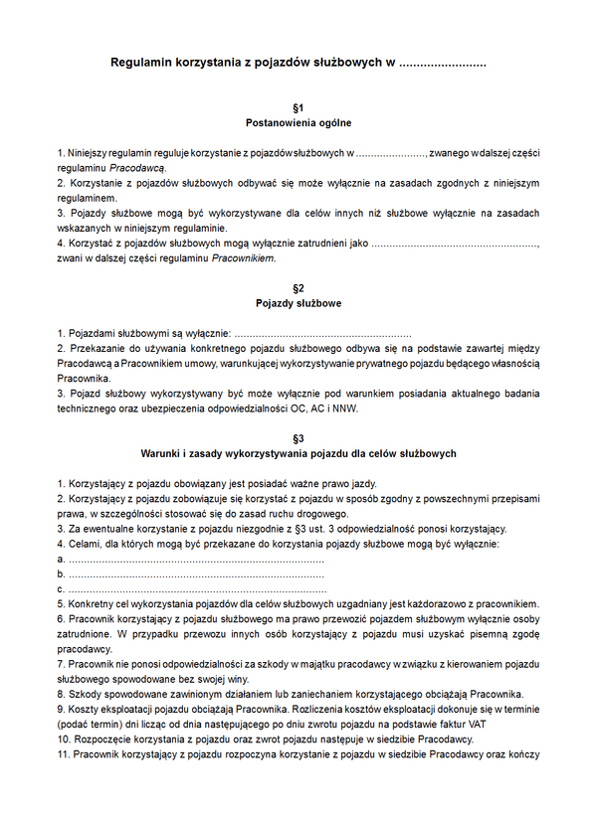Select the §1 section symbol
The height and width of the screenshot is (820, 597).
pos(298,106)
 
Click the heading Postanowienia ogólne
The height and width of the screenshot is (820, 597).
pos(298,123)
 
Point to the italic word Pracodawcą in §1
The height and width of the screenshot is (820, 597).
pos(137,169)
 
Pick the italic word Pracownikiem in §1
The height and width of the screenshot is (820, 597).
pos(242,258)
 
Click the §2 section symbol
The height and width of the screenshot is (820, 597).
pos(298,288)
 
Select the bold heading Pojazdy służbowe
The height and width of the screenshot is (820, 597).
pos(298,304)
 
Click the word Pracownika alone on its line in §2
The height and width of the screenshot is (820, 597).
pos(82,379)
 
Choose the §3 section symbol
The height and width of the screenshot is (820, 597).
pos(298,437)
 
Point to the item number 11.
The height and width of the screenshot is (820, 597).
pos(64,753)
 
